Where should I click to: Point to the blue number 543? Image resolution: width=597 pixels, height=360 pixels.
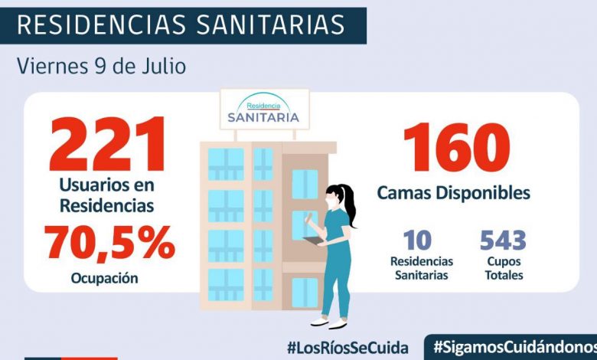503,240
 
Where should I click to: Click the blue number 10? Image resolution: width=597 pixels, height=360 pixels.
417,240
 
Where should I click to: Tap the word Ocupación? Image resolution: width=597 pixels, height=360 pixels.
106,278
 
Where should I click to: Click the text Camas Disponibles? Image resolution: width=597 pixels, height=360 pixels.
453,192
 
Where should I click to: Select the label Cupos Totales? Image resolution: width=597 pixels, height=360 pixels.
502,268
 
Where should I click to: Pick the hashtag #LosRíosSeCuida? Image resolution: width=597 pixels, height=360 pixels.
347,346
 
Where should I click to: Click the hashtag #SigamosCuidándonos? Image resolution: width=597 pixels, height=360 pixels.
513,346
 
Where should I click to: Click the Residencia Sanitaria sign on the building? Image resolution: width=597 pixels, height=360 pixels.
263,112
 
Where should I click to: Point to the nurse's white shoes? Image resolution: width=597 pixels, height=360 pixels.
329,321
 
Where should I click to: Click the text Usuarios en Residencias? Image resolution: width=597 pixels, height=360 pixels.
107,195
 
